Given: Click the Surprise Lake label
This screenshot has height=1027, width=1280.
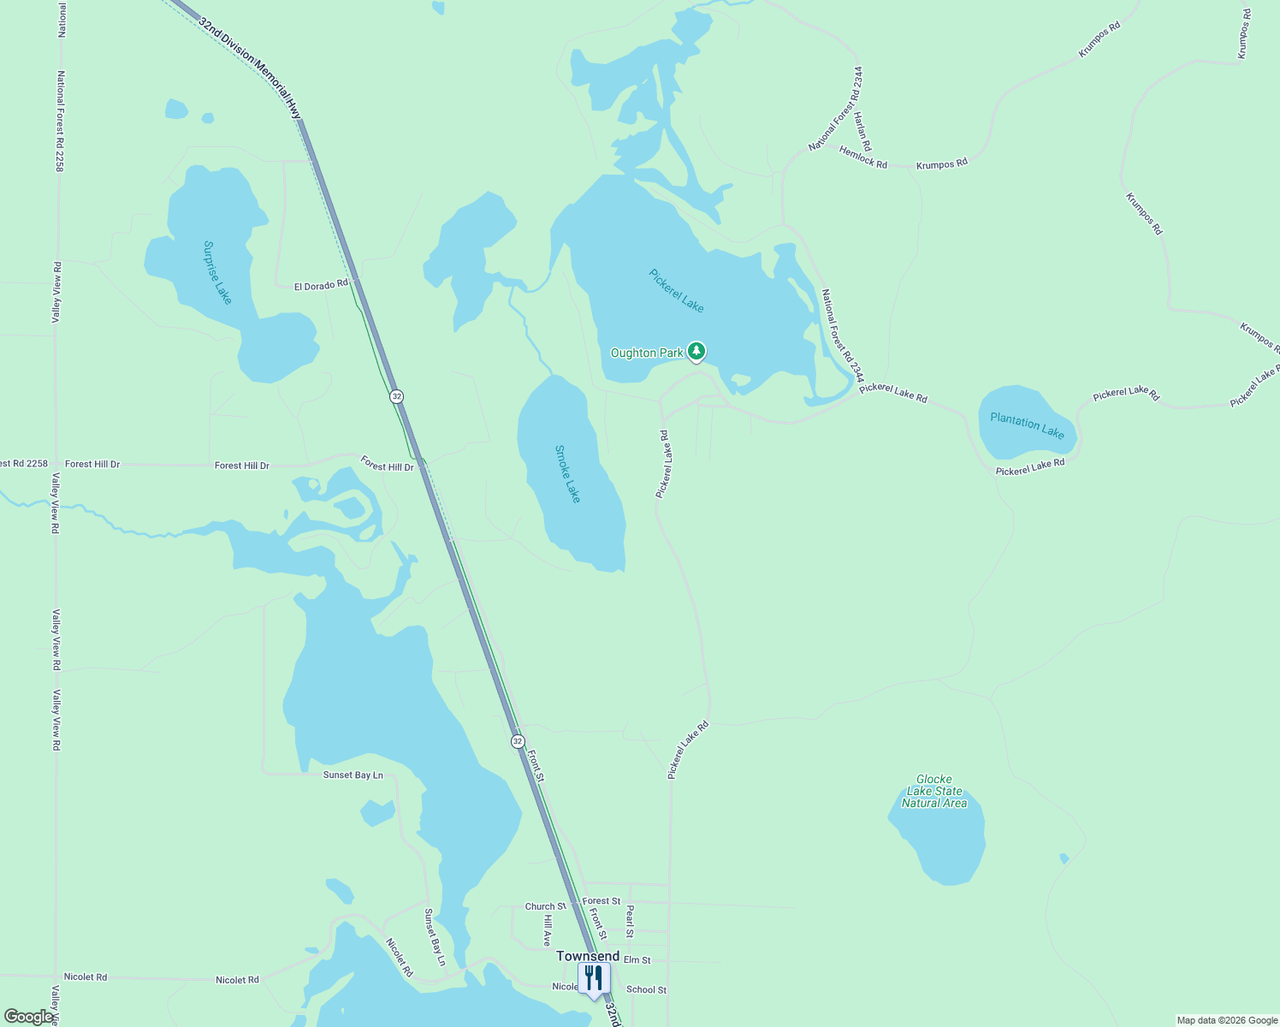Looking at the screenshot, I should coord(217,272).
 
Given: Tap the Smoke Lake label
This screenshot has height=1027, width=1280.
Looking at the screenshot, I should coord(567,473).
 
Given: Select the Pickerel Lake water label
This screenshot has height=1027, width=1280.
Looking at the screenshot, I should coord(676,291).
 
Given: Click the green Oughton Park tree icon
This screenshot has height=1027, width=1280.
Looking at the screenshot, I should coord(696,351).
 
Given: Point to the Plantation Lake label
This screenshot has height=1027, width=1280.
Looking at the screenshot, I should coord(1027,424).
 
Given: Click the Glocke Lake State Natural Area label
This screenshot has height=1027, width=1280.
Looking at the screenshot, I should coord(934,791).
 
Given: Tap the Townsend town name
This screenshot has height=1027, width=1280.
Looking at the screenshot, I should coord(588,956).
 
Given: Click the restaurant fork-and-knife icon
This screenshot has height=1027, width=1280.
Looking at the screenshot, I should coord(594,977).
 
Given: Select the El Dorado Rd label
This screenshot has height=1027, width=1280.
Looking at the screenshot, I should coord(321,285).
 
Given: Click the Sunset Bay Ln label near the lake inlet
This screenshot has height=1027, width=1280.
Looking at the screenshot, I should coord(353,775).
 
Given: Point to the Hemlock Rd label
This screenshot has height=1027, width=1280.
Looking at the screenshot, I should coord(863,157).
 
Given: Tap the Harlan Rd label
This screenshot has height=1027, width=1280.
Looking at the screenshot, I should coord(862,131).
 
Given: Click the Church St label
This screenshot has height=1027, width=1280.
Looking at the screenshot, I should coord(545,906).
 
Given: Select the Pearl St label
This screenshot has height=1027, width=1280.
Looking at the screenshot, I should coord(630,921).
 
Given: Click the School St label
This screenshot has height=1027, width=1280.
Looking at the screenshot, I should coord(646,989).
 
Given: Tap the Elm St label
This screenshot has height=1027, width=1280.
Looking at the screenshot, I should coord(637,960).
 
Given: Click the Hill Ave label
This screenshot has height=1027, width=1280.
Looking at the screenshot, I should coord(548,930).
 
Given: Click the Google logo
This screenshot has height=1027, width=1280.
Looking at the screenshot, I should coord(27,1017).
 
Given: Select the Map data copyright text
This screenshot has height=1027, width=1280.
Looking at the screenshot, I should coord(1227,1020).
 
